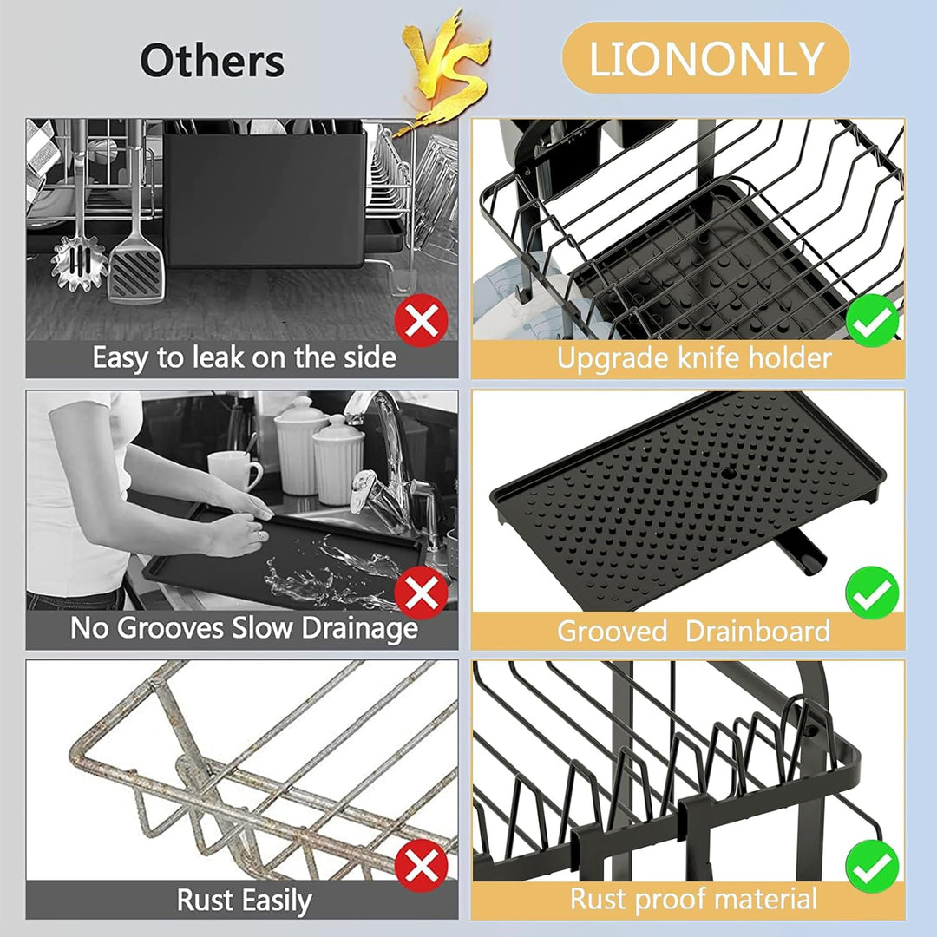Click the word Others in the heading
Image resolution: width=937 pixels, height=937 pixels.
click(213, 60)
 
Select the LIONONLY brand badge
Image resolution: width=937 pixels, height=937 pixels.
click(705, 58)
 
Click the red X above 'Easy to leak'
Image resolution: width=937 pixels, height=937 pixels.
click(422, 320)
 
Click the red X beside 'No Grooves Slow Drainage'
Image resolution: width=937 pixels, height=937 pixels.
click(422, 593)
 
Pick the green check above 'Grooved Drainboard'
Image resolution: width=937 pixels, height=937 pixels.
click(873, 593)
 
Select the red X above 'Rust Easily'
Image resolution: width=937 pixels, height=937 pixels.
click(422, 865)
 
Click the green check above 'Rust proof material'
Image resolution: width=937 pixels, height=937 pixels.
click(873, 866)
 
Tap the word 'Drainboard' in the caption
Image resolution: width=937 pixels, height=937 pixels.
click(757, 631)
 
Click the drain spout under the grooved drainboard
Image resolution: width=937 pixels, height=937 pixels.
click(800, 554)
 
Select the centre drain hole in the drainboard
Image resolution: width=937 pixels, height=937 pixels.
click(729, 474)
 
